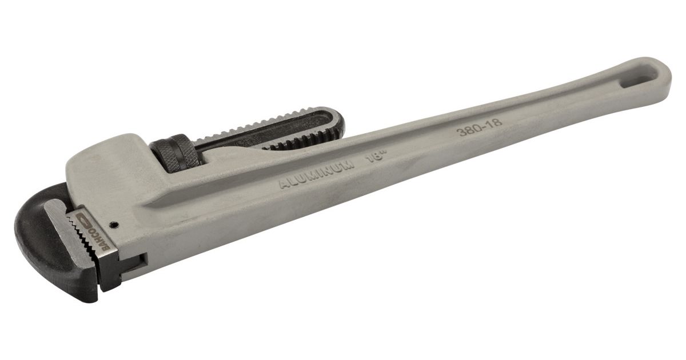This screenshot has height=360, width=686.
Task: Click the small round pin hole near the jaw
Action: click(114, 225)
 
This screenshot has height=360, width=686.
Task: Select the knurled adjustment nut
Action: click(176, 152)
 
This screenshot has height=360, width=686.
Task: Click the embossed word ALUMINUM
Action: click(317, 174)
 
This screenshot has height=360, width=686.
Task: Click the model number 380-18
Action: click(479, 126)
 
